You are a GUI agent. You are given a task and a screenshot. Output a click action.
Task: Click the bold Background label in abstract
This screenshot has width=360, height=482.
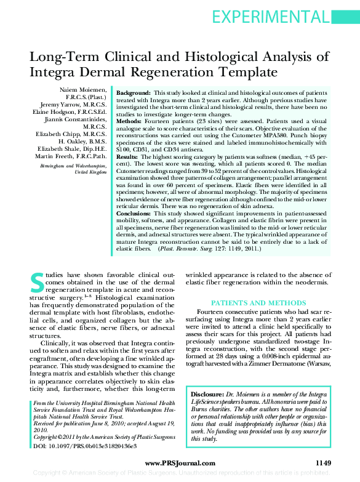pyautogui.click(x=135, y=90)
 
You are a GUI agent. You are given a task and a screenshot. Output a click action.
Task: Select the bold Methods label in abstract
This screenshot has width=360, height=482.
pyautogui.click(x=131, y=122)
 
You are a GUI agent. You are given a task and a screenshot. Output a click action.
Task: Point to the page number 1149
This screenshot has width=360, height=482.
pyautogui.click(x=323, y=463)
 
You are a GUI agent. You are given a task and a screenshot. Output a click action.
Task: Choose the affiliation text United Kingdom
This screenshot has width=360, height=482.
pyautogui.click(x=90, y=172)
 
